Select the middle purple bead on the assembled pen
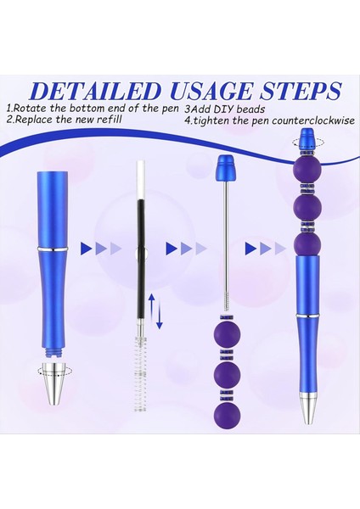click(303, 206)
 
